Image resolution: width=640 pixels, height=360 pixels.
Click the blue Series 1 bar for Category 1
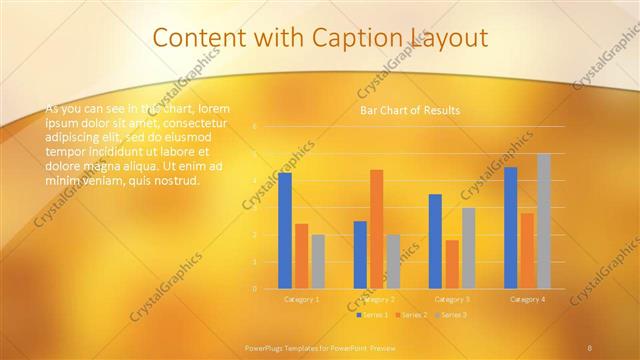point(285,230)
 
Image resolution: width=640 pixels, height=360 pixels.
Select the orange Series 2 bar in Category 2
point(376,229)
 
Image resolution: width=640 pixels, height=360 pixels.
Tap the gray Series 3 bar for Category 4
point(544,221)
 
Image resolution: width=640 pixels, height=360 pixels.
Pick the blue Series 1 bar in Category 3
point(435,241)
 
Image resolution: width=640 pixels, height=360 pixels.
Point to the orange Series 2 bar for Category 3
point(452,264)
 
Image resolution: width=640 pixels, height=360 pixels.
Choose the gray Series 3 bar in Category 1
point(318,261)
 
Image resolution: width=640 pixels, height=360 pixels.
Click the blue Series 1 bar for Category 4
point(511,227)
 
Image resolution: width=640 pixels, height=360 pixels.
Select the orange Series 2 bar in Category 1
point(301,256)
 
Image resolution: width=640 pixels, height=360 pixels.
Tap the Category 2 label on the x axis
point(377,299)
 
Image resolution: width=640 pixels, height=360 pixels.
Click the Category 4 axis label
point(527,299)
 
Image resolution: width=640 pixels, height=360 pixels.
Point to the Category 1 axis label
point(302,299)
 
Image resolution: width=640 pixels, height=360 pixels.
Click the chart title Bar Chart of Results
point(410,110)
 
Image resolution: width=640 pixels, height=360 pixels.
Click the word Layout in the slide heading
point(447,38)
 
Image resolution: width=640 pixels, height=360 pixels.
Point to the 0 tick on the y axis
point(254,289)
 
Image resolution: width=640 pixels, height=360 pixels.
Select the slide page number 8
point(591,347)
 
